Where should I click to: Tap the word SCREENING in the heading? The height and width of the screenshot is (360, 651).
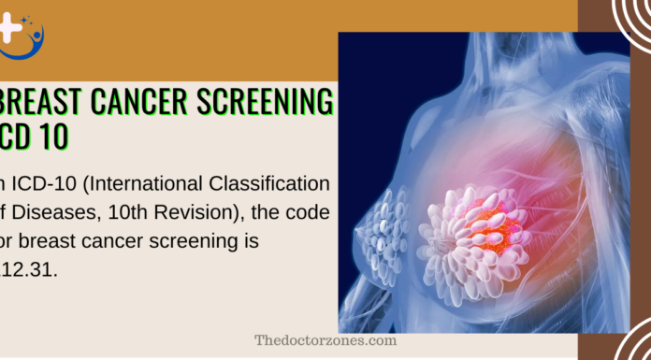coord(265,102)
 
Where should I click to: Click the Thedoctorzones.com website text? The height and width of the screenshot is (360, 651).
coord(325,340)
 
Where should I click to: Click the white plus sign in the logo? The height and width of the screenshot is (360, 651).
coord(11,27)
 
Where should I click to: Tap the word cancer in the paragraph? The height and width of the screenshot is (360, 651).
coord(103,240)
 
